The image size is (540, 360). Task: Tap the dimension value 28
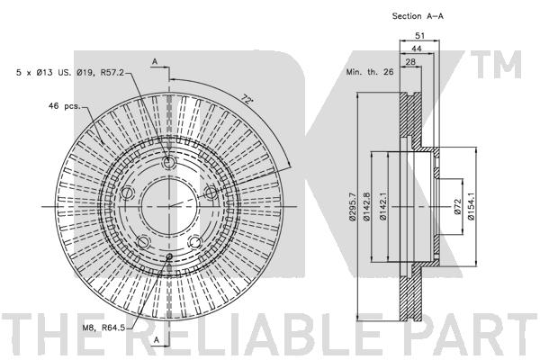(409, 64)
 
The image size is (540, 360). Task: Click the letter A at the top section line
(155, 61)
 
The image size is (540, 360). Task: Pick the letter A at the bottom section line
(156, 340)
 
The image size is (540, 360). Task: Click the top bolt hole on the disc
(168, 163)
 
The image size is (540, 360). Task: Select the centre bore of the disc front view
(168, 205)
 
